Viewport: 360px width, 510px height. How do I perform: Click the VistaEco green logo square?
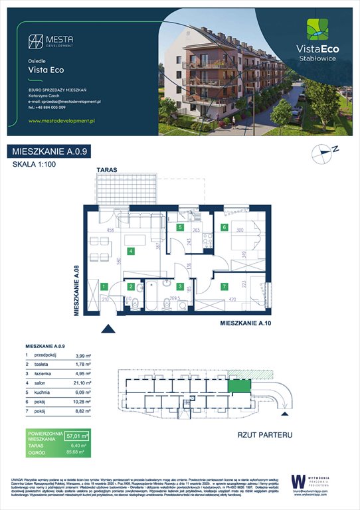pos(316,31)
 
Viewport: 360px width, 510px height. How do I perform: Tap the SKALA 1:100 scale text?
pos(33,165)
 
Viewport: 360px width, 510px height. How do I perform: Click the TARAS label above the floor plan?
pos(106,171)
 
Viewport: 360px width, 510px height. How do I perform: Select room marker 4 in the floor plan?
pos(132,251)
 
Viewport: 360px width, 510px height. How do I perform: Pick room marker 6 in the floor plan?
pos(225,227)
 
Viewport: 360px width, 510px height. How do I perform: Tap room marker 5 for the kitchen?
pos(180,227)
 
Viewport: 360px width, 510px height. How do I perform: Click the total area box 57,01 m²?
pos(78,435)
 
